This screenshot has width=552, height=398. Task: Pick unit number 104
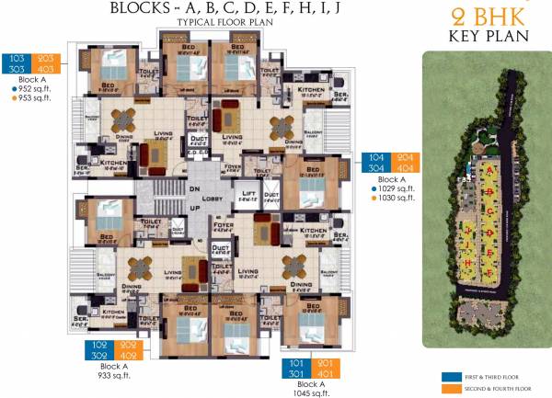[378, 158]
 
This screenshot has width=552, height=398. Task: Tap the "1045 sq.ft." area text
[309, 393]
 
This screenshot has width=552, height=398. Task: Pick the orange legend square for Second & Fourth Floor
[448, 389]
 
